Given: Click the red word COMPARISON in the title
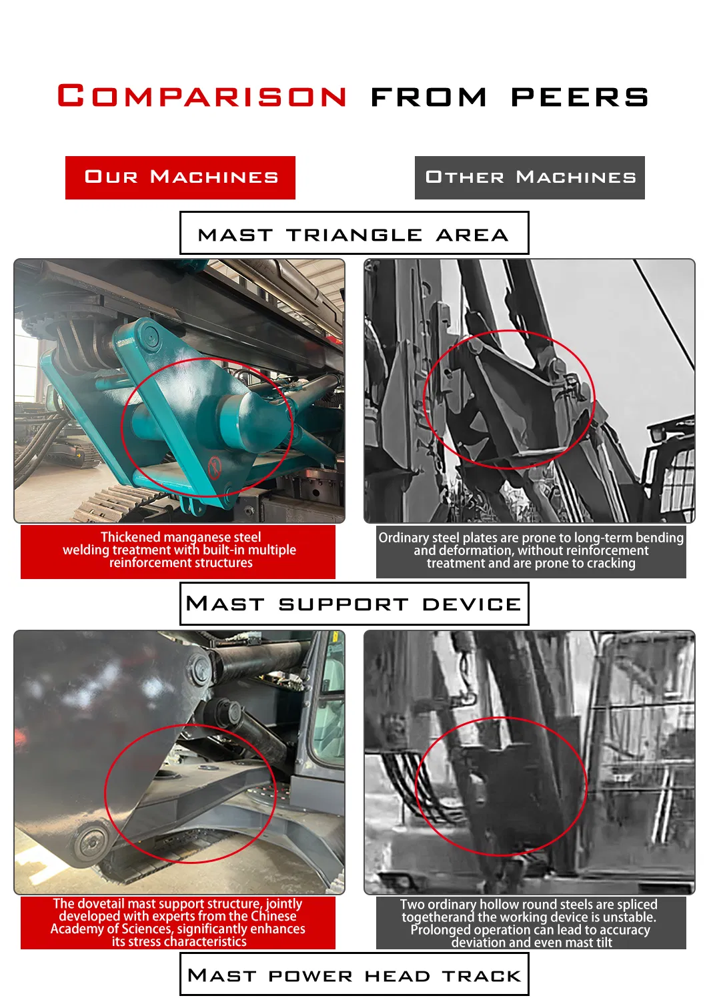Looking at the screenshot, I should [202, 96].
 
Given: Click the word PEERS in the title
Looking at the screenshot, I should [580, 97].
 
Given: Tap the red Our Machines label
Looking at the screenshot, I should [180, 177].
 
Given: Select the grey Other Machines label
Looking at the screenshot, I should [530, 177].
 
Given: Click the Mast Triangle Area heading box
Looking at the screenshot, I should [353, 233].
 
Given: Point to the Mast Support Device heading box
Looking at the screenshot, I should [353, 604].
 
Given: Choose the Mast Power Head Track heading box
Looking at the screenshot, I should [353, 975].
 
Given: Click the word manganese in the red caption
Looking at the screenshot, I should [197, 537].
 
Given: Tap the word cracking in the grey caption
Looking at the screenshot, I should [608, 563].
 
